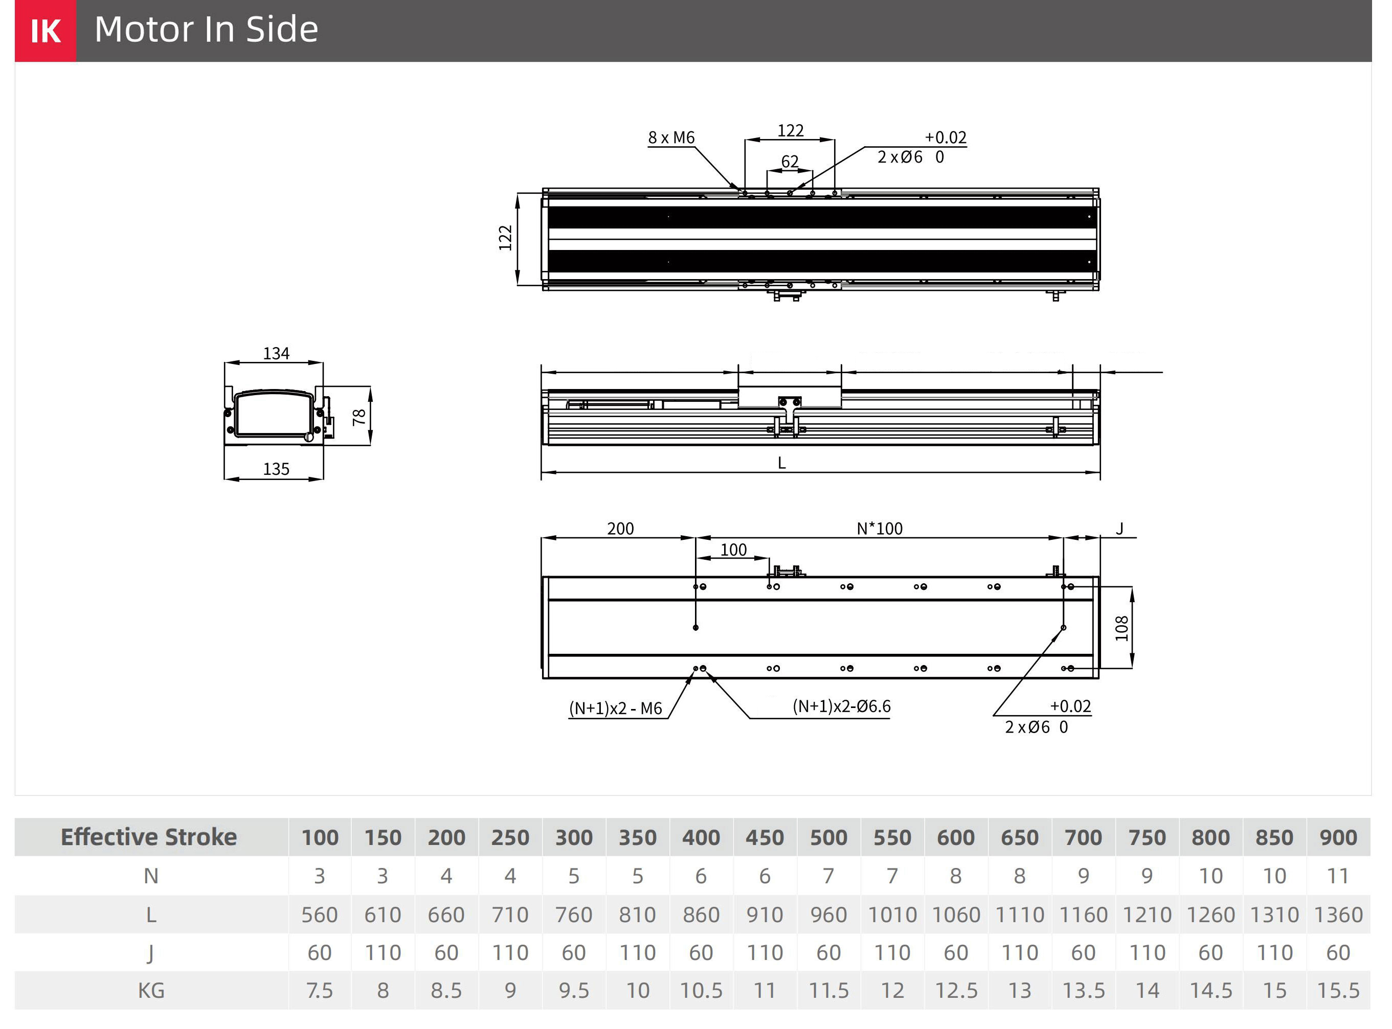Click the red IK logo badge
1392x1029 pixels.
46,31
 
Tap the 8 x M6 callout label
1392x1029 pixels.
671,138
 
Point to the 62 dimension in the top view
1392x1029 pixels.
790,162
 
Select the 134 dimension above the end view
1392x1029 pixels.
276,354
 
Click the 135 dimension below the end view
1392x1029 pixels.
276,469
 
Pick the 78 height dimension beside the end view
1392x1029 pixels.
359,417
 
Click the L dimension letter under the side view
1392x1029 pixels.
781,463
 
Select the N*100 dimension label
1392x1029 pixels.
879,529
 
